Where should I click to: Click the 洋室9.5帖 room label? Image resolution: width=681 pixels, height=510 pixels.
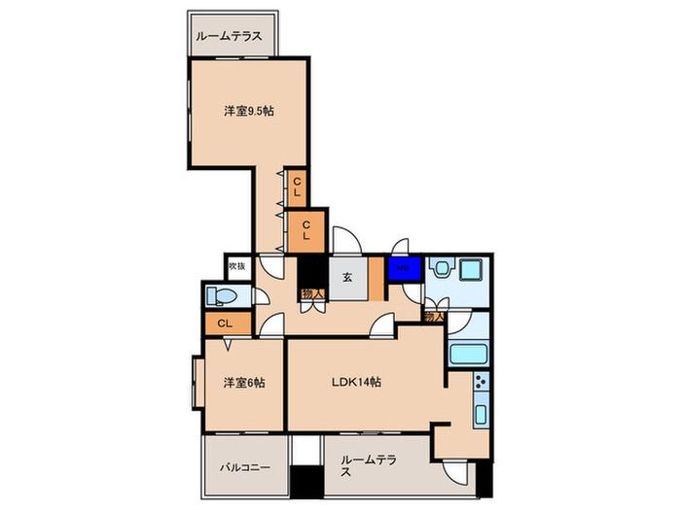pyautogui.click(x=248, y=111)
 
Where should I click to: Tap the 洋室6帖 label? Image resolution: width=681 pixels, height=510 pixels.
pyautogui.click(x=243, y=382)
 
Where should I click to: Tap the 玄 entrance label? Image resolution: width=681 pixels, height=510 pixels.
pyautogui.click(x=346, y=275)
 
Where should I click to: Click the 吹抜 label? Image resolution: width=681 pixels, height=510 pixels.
pyautogui.click(x=236, y=265)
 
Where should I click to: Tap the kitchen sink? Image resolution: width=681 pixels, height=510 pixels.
pyautogui.click(x=480, y=415)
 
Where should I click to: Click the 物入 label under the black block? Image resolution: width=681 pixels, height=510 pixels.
pyautogui.click(x=311, y=292)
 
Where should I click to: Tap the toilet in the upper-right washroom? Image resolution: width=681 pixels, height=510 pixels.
pyautogui.click(x=440, y=269)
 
